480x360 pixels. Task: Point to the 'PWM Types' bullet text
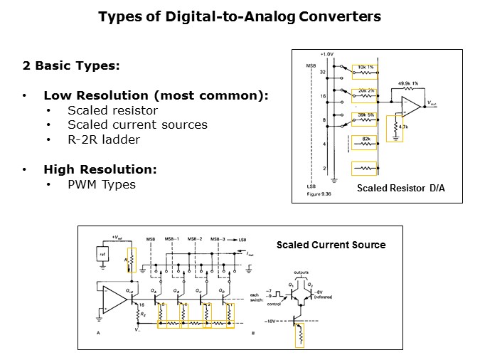point(101,184)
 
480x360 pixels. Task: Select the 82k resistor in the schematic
point(364,142)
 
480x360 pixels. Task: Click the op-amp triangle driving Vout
point(410,105)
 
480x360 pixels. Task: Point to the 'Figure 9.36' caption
point(316,192)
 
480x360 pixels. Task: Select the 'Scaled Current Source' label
point(331,245)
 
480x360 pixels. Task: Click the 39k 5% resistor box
point(365,118)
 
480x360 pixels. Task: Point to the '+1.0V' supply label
point(327,55)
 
